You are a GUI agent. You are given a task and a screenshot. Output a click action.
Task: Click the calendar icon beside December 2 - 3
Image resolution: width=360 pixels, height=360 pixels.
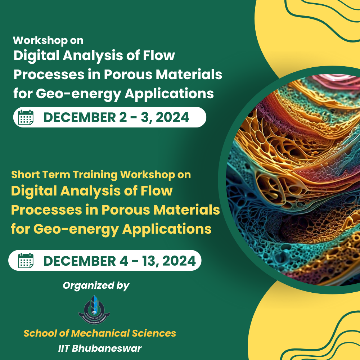26,117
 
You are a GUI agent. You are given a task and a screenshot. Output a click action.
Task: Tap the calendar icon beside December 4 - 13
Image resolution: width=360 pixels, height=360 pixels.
26,260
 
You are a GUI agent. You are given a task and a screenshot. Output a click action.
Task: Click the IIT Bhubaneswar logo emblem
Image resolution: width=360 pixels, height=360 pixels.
94,310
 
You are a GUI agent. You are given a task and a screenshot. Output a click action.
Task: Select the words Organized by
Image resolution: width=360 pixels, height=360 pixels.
96,286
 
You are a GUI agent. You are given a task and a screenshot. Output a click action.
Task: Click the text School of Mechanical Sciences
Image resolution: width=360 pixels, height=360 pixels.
100,333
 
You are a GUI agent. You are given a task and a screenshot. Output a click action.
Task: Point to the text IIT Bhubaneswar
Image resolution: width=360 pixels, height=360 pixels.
100,348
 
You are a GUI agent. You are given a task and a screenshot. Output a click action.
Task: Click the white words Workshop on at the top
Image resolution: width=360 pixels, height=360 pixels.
48,40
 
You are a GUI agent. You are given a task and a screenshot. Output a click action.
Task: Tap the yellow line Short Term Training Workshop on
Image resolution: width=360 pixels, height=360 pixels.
101,175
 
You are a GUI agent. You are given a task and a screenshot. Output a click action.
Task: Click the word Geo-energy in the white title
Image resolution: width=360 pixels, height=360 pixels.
78,94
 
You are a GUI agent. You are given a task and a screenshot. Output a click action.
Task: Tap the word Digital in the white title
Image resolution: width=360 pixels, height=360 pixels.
36,56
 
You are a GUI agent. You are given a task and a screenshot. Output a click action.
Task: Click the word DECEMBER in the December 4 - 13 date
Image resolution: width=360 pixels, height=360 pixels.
80,261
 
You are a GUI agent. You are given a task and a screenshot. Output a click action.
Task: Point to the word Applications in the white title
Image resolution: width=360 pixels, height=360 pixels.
169,94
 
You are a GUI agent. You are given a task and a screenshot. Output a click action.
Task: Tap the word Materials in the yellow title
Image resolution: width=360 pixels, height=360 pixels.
186,210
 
